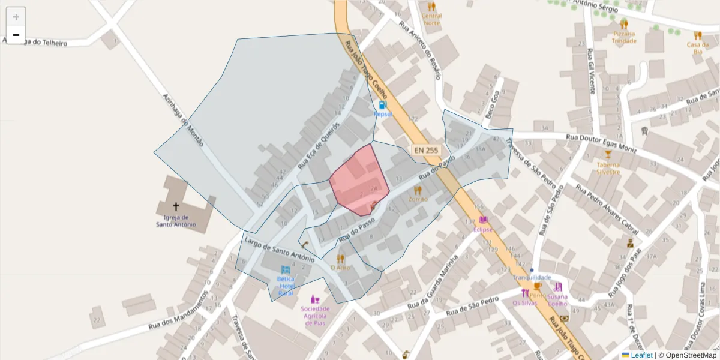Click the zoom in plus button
click(16, 17)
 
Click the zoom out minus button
click(16, 35)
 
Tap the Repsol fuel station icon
click(383, 105)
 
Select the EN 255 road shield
click(425, 150)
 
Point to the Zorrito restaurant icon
click(418, 190)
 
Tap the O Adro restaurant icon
click(340, 259)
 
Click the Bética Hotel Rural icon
click(286, 270)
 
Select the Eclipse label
click(482, 229)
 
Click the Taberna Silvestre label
click(608, 167)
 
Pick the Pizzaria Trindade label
click(624, 37)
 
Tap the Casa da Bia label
click(697, 48)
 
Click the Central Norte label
click(431, 19)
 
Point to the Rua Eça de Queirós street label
click(319, 146)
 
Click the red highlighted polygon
click(359, 180)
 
